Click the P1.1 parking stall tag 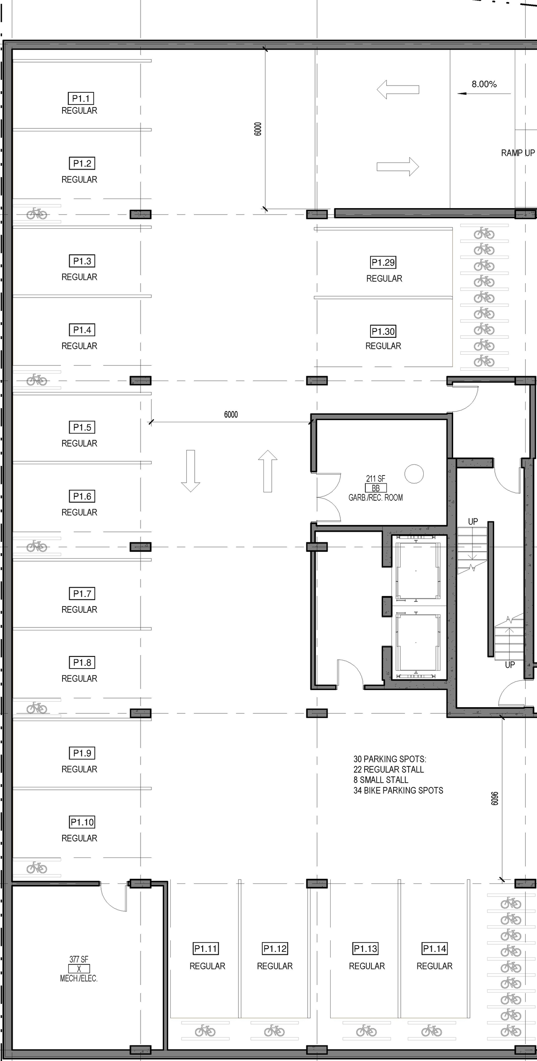click(81, 99)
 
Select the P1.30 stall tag click(383, 332)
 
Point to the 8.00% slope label click(484, 84)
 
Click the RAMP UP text click(518, 153)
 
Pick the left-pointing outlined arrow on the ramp click(398, 89)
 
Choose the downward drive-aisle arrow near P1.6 click(190, 470)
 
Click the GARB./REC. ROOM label click(375, 498)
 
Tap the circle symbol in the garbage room click(414, 474)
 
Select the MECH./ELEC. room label click(79, 978)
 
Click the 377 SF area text click(79, 959)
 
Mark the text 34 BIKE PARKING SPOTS click(398, 790)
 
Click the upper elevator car click(418, 571)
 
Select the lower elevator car click(418, 642)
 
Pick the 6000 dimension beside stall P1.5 click(231, 415)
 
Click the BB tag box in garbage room click(375, 488)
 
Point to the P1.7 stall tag click(82, 593)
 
